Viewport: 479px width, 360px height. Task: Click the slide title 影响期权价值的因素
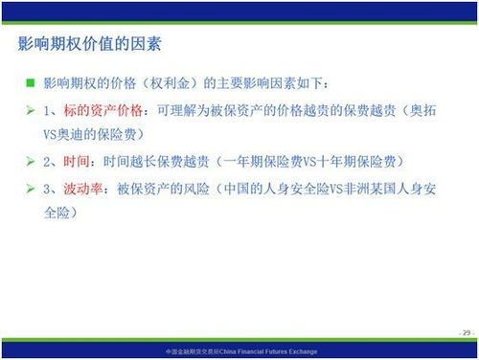click(90, 44)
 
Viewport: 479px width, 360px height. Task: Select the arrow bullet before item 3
click(31, 189)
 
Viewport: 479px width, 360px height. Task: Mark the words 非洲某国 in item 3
click(371, 189)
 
